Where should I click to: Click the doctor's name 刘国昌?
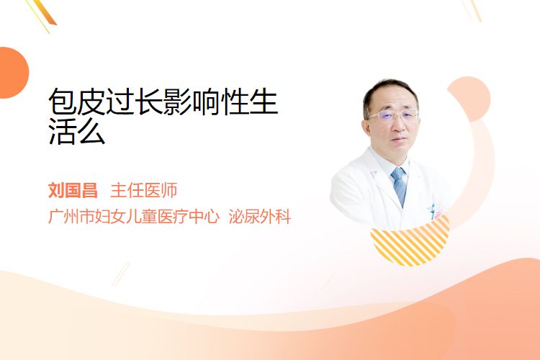pyautogui.click(x=73, y=191)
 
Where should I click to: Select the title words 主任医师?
pyautogui.click(x=143, y=191)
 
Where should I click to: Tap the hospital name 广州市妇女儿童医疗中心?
pyautogui.click(x=134, y=216)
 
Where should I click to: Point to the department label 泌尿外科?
pyautogui.click(x=260, y=216)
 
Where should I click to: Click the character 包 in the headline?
pyautogui.click(x=63, y=102)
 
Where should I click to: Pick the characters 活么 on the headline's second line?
pyautogui.click(x=77, y=131)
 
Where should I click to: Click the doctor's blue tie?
pyautogui.click(x=399, y=186)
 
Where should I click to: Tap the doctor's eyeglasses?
pyautogui.click(x=393, y=116)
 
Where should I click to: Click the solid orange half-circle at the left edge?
pyautogui.click(x=14, y=73)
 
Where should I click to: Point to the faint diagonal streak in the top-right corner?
pyautogui.click(x=472, y=10)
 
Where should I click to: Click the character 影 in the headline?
pyautogui.click(x=178, y=102)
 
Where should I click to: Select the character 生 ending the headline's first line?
pyautogui.click(x=264, y=102)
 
